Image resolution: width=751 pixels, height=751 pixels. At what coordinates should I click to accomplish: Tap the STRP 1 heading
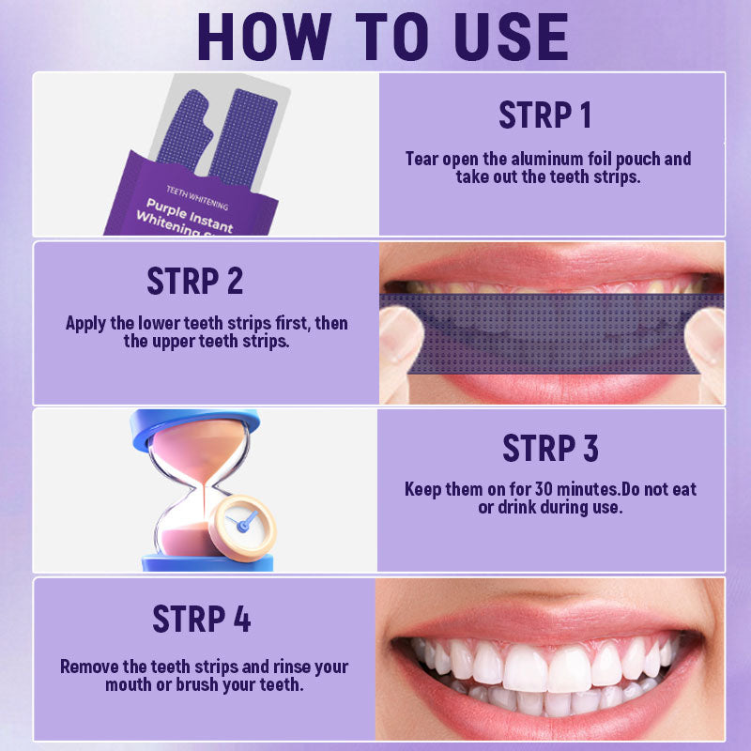[x=544, y=115]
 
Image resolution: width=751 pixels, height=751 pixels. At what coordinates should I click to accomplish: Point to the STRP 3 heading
[x=550, y=448]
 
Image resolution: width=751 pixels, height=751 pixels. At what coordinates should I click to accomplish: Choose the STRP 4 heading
[x=202, y=620]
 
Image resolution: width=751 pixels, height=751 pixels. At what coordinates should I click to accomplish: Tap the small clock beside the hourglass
[x=242, y=521]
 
